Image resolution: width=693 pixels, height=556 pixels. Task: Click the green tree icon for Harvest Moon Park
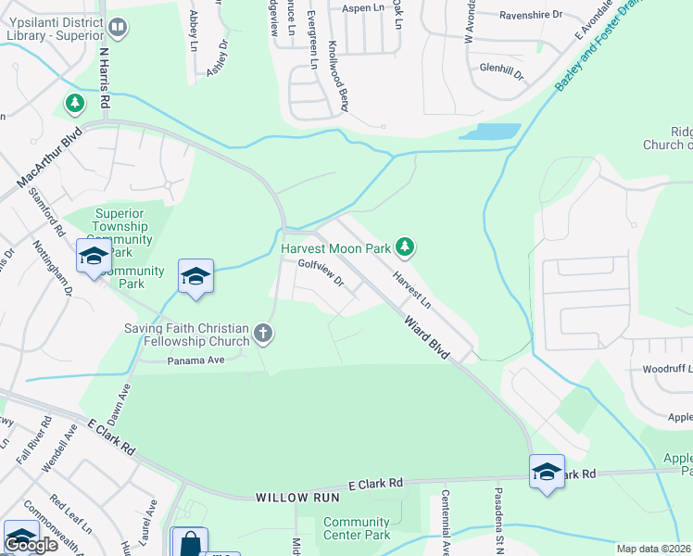[x=404, y=246]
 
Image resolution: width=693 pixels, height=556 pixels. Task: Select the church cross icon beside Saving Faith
[x=263, y=333]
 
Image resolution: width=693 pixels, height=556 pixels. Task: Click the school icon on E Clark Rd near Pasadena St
[x=547, y=472]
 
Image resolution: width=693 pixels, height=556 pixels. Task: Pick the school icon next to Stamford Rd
[x=94, y=257]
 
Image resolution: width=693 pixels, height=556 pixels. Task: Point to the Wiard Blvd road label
[x=426, y=339]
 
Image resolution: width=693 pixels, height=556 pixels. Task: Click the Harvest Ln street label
[x=411, y=290]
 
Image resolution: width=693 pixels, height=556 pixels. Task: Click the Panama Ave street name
[x=196, y=360]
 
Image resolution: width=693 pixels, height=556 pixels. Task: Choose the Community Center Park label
[x=357, y=528]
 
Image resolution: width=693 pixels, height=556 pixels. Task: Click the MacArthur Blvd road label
[x=46, y=162]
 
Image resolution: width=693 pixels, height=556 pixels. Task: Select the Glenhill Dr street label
[x=501, y=70]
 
